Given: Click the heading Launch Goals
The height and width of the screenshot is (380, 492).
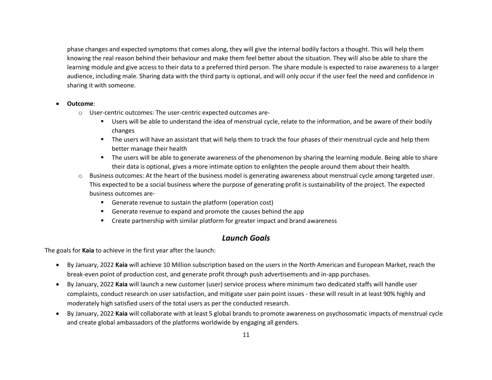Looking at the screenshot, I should (x=246, y=238).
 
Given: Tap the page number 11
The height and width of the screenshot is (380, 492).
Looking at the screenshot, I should (x=246, y=335).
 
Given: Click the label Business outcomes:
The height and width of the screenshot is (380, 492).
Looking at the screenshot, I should (x=114, y=175).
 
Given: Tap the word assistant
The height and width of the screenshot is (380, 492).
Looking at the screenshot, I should (x=189, y=139).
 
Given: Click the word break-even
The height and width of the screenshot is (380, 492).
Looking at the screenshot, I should (x=84, y=274).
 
